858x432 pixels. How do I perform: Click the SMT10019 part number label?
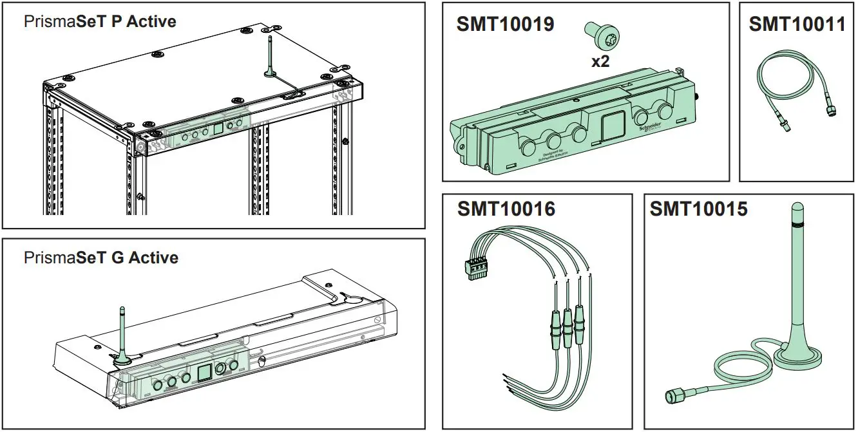(x=505, y=24)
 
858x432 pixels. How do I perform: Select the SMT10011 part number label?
(x=797, y=24)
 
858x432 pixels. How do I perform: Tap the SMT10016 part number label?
(x=506, y=209)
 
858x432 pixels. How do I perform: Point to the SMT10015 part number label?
(x=698, y=209)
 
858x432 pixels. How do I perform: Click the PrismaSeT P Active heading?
(x=100, y=21)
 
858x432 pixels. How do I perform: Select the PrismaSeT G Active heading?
(x=100, y=258)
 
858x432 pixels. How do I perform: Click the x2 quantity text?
(x=600, y=61)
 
